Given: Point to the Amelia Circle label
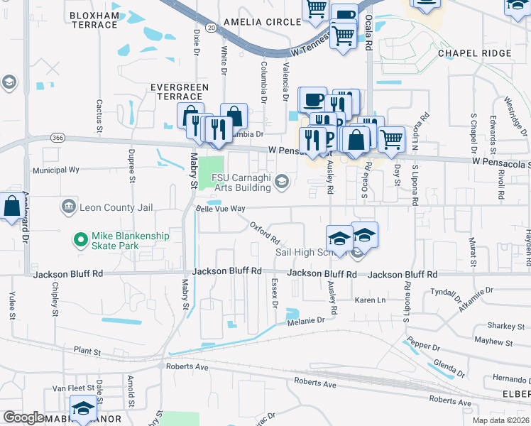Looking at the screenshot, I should coord(262,22).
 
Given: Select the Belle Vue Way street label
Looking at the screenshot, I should coord(220,209).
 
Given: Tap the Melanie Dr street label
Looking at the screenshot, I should coord(306,321).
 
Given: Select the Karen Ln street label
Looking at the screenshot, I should coord(370,300).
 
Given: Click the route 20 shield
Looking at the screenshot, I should coord(212,26).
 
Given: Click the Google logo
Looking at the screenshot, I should coord(24,417).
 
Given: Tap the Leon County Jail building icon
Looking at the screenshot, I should coord(69,207).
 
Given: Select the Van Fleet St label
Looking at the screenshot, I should coord(69,389).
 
